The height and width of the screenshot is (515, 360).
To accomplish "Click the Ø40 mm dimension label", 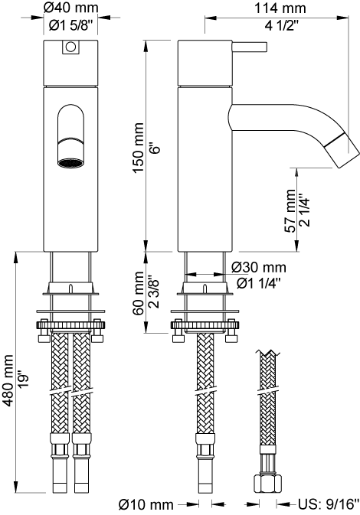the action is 71,8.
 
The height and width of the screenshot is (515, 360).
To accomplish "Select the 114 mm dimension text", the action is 280,8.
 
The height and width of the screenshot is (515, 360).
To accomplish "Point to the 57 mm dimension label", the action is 290,210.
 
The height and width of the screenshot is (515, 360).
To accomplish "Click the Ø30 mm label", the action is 259,268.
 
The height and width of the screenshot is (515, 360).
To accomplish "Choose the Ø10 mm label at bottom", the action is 146,504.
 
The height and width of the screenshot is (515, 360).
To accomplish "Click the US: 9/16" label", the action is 329,504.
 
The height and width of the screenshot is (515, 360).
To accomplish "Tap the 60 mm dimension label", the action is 139,293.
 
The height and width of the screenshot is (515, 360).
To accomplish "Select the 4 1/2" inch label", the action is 282,25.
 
